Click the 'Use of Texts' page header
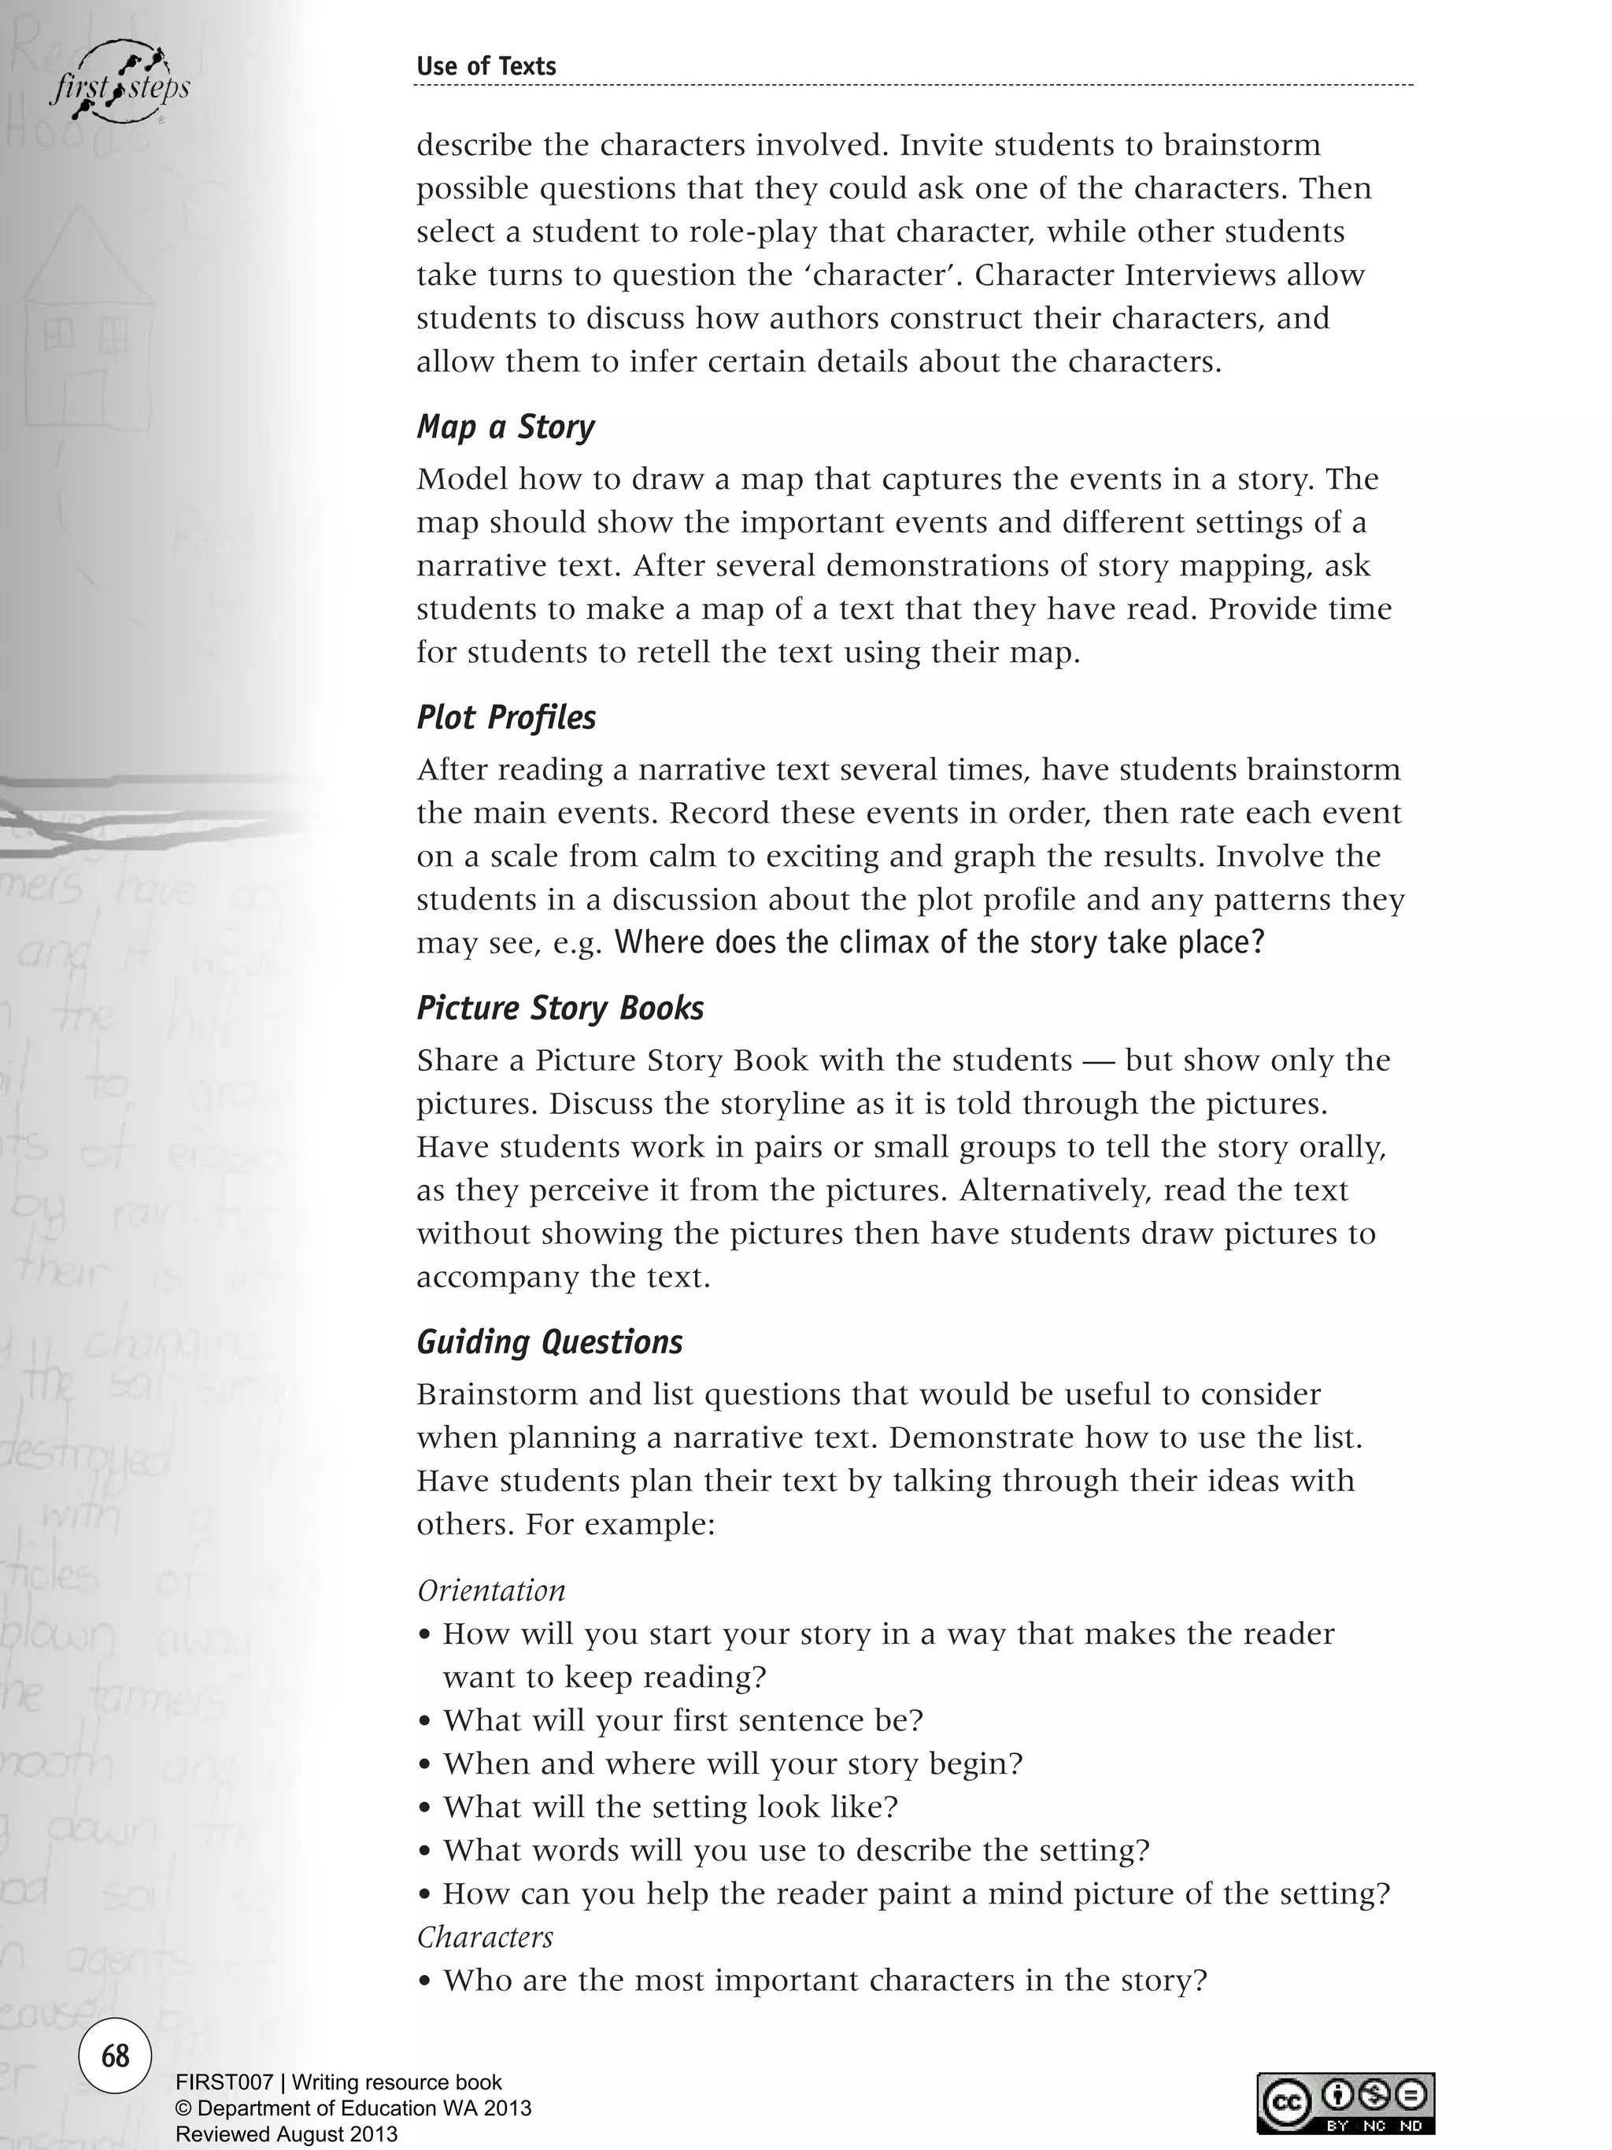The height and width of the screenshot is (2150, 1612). click(486, 66)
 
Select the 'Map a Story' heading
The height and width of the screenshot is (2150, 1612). click(505, 427)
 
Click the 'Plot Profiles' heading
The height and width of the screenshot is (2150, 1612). click(506, 717)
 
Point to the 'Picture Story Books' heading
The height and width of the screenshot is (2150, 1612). click(560, 1008)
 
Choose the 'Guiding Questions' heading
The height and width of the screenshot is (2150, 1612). click(549, 1342)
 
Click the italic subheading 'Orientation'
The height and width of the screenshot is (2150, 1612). click(490, 1590)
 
